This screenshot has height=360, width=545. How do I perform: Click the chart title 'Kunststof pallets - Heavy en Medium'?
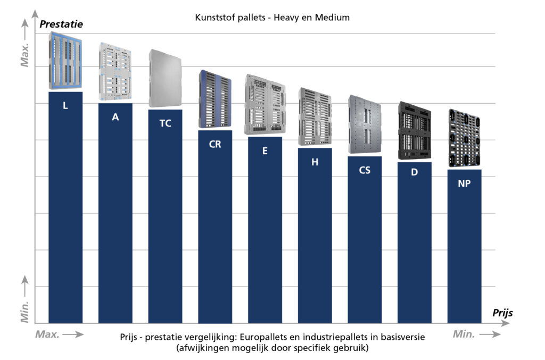pyautogui.click(x=272, y=18)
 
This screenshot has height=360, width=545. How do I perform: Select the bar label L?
pyautogui.click(x=65, y=105)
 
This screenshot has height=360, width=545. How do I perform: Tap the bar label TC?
pyautogui.click(x=165, y=123)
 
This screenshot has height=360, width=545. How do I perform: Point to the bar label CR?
pyautogui.click(x=215, y=144)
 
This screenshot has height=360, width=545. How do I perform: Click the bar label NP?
pyautogui.click(x=464, y=183)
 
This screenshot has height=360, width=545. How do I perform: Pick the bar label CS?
pyautogui.click(x=365, y=170)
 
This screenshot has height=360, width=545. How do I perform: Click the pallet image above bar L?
pyautogui.click(x=65, y=61)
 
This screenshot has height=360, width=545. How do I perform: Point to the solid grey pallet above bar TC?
pyautogui.click(x=165, y=78)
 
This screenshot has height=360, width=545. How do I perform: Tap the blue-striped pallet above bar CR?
pyautogui.click(x=215, y=99)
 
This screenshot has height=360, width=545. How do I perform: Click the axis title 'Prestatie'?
pyautogui.click(x=61, y=24)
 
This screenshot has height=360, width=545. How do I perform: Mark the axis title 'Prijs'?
pyautogui.click(x=502, y=313)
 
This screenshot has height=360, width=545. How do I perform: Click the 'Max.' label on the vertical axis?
pyautogui.click(x=24, y=55)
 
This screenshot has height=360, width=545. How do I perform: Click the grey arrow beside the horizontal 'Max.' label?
pyautogui.click(x=75, y=334)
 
